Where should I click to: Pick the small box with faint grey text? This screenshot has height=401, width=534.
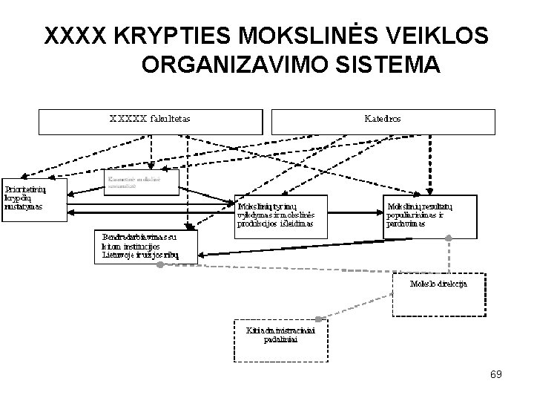click(x=140, y=181)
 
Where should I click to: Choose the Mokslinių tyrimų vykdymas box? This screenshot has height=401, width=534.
click(x=280, y=215)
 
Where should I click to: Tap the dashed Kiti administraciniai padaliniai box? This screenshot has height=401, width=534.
click(x=280, y=341)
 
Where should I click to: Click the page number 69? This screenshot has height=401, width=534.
click(x=495, y=374)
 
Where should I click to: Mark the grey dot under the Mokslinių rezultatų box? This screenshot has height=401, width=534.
click(x=448, y=238)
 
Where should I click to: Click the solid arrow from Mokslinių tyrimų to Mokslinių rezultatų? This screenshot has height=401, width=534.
click(x=355, y=206)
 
